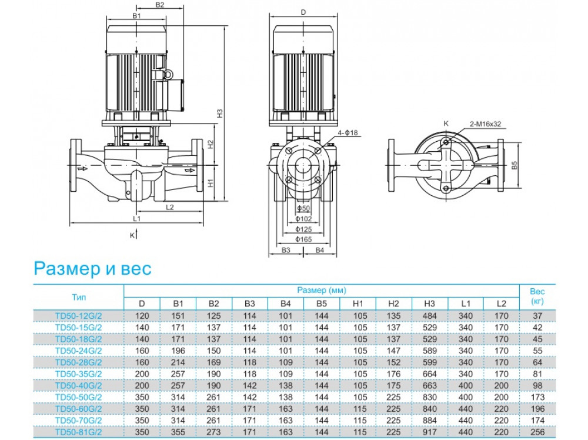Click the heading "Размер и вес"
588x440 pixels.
click(92, 268)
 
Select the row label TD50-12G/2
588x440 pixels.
click(79, 316)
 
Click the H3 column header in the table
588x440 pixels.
click(429, 304)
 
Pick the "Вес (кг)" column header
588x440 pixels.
click(537, 296)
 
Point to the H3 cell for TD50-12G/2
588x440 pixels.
click(429, 316)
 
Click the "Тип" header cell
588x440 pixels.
click(79, 297)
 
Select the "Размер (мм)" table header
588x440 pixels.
click(321, 291)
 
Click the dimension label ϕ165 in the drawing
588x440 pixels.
click(303, 239)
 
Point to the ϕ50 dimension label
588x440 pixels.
click(303, 209)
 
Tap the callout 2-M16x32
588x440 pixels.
click(485, 124)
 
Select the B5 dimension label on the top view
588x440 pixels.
click(514, 166)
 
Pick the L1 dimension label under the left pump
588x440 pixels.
click(136, 218)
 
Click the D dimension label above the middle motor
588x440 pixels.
click(303, 12)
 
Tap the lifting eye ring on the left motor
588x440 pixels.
click(166, 75)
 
